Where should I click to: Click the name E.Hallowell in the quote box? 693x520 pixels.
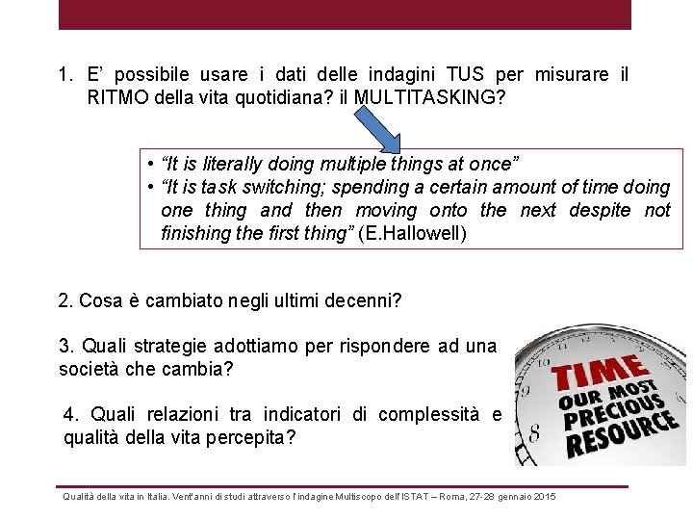coord(411,233)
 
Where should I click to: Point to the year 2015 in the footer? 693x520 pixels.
coord(545,496)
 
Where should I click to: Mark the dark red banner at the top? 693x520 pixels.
coord(345,14)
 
